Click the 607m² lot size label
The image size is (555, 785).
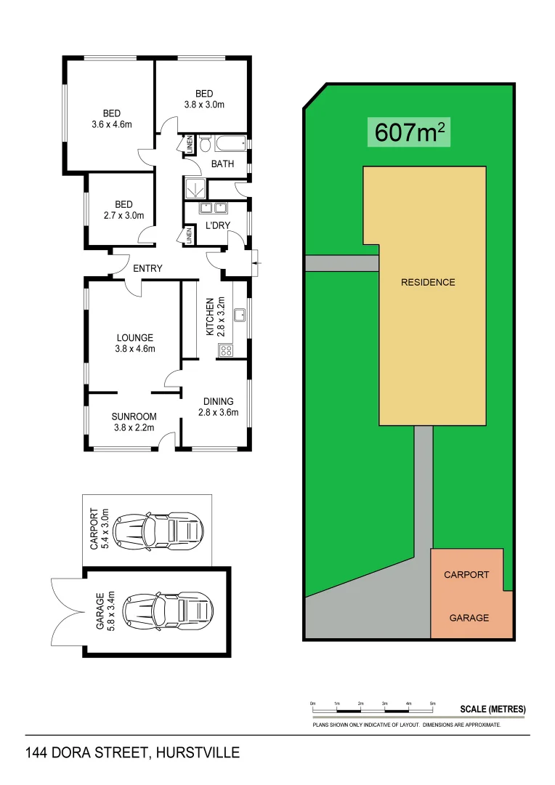[x=409, y=132]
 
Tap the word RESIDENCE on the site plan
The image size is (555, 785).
[x=428, y=282]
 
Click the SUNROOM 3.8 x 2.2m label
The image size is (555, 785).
[x=134, y=422]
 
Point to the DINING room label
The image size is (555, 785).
[x=218, y=406]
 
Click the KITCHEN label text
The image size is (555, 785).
[x=211, y=315]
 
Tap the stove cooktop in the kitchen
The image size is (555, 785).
[x=226, y=351]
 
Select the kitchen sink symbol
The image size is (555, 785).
[x=239, y=315]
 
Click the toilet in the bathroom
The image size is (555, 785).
[x=204, y=141]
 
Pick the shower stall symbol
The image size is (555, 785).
[x=194, y=188]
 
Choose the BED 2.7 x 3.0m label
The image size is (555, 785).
[x=123, y=209]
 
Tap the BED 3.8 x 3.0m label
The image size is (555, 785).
[x=203, y=98]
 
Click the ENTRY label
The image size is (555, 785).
[x=147, y=268]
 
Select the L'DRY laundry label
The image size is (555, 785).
[x=217, y=225]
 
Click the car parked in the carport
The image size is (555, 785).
[x=160, y=529]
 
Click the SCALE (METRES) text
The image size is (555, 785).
[x=493, y=709]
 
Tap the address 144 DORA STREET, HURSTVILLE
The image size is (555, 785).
[x=132, y=753]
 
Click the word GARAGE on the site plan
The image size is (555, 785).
[x=469, y=618]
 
